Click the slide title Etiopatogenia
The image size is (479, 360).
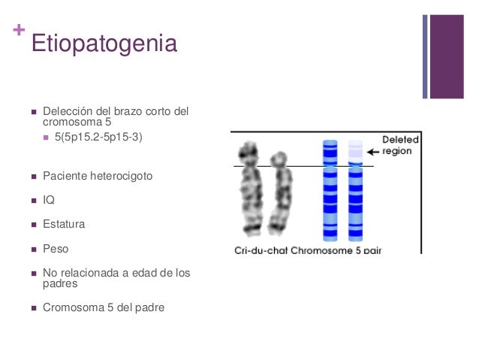[104, 44]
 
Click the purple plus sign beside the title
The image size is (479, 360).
[18, 32]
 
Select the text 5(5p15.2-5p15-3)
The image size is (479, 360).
[104, 138]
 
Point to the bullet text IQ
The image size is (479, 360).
[49, 200]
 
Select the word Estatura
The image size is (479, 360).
[64, 224]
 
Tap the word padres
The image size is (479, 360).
[60, 284]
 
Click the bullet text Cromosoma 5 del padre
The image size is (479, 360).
[103, 307]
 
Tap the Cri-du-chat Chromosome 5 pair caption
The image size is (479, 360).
[307, 250]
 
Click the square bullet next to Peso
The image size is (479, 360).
[33, 248]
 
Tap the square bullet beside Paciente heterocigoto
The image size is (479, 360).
[33, 176]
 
